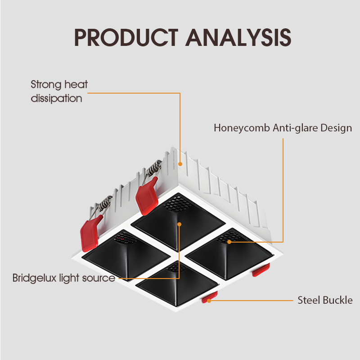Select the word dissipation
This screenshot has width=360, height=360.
[56, 98]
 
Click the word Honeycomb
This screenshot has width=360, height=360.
[242, 128]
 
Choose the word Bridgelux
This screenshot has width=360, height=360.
[33, 278]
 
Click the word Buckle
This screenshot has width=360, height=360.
[338, 300]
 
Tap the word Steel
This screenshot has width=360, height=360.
[308, 300]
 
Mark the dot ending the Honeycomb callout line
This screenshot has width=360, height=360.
[229, 242]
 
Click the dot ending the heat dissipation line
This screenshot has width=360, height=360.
[180, 164]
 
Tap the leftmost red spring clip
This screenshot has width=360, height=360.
[90, 233]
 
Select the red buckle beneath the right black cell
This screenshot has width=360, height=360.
[261, 270]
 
